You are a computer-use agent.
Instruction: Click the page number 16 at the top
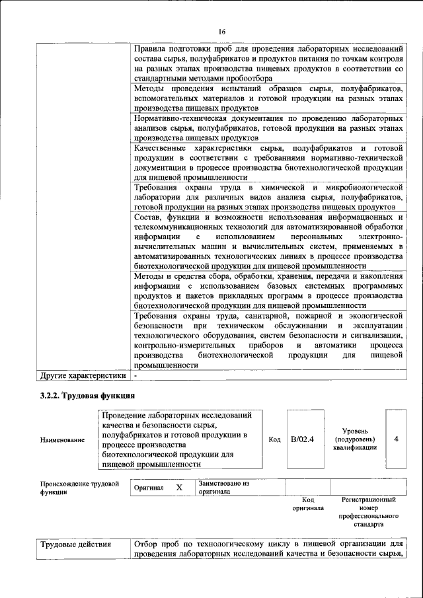click(222, 32)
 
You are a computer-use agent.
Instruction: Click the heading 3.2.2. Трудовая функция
click(85, 396)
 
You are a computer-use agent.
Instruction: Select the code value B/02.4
click(302, 439)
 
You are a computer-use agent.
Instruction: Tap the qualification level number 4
click(395, 439)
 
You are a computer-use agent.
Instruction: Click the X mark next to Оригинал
click(178, 487)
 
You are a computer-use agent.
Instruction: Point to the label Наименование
click(62, 439)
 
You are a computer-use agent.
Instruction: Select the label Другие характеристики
click(83, 376)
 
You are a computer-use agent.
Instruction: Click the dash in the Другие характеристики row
click(135, 376)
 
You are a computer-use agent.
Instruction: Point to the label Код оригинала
click(307, 504)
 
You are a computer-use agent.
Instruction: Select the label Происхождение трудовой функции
click(79, 488)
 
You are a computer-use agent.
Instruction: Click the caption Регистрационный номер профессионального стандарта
click(368, 512)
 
